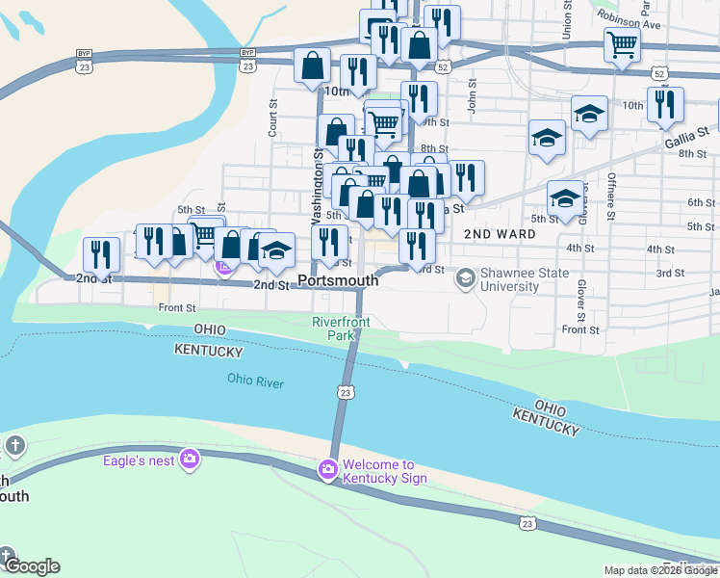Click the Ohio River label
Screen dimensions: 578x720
click(256, 381)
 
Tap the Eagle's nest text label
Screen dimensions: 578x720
click(139, 460)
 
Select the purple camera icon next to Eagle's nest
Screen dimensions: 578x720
click(190, 459)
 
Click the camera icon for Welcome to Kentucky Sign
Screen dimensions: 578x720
click(327, 470)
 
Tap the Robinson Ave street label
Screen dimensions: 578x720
click(628, 19)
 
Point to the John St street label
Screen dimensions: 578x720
click(472, 97)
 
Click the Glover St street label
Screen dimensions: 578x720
click(581, 302)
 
